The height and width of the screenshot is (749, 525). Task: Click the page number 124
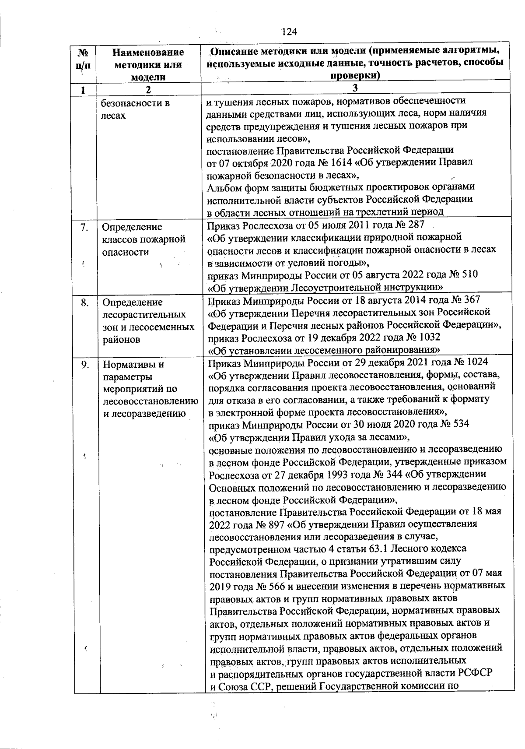tap(289, 32)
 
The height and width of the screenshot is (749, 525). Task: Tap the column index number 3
tap(355, 87)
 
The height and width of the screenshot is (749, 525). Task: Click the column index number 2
tap(148, 90)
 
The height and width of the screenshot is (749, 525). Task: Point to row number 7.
tap(85, 227)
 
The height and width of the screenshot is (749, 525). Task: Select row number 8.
tap(85, 302)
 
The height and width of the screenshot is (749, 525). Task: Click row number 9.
tap(85, 365)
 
